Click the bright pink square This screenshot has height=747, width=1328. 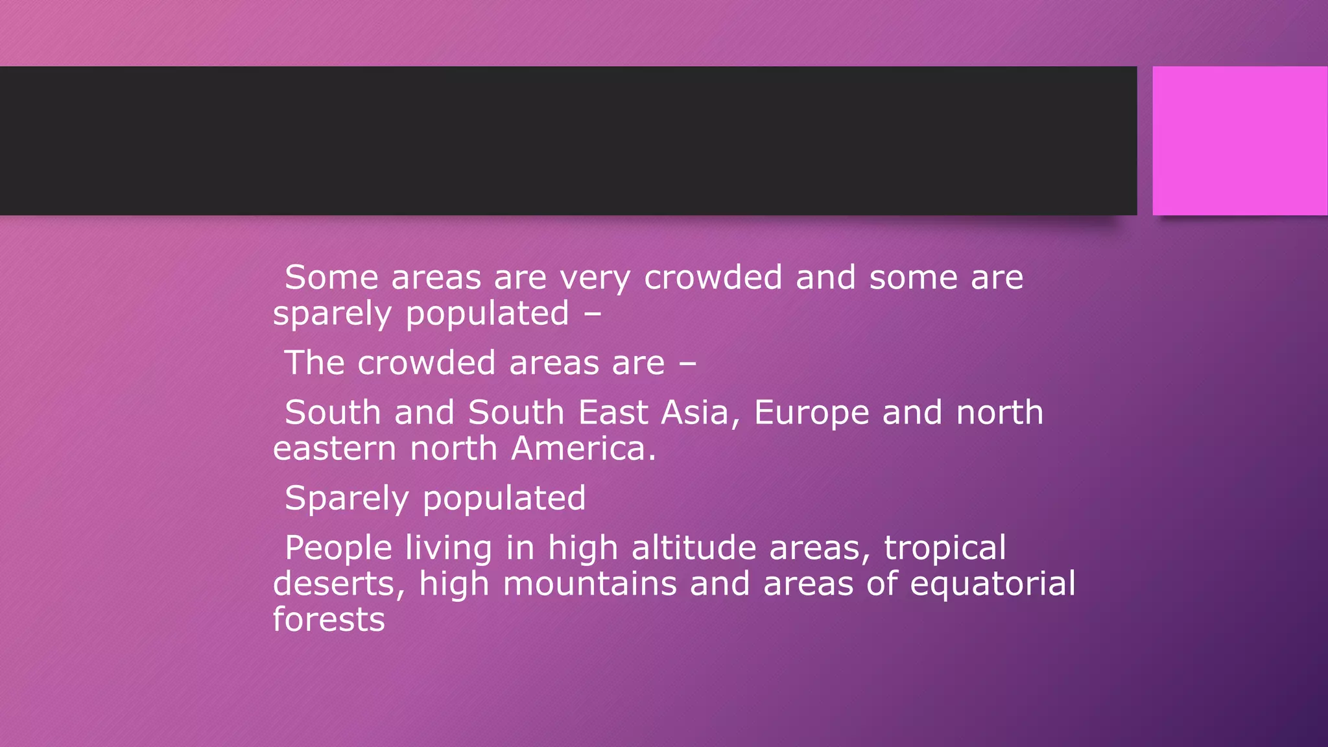coord(1239,141)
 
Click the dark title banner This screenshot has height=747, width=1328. coord(568,141)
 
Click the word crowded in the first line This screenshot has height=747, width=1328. coord(713,278)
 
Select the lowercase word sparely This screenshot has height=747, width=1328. coord(332,314)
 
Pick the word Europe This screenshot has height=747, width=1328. coord(811,414)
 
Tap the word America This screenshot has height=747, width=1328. coord(584,449)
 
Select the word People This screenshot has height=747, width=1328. coord(338,549)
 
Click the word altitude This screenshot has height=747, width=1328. coord(694,548)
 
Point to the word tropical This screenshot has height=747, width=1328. coord(945,549)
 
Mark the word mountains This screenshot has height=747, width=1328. coord(589,584)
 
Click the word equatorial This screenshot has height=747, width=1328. coord(993,584)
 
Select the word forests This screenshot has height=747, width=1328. coord(329,619)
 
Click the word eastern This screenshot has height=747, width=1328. coord(335,449)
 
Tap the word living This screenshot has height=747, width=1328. coord(449,549)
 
